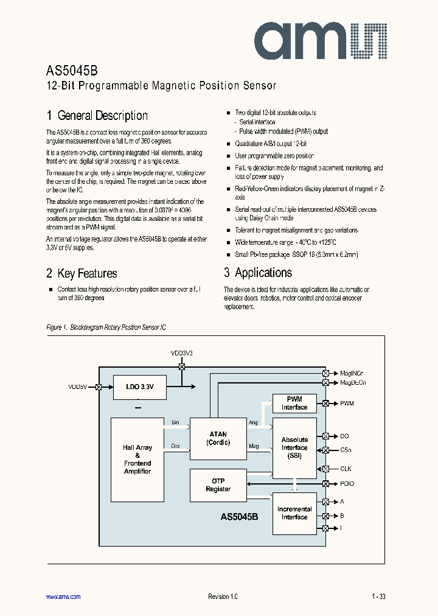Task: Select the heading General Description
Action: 97,116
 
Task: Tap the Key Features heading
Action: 82,273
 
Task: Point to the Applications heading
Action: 258,273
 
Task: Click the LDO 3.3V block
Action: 139,387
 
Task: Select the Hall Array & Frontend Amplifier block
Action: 137,459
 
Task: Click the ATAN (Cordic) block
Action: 218,438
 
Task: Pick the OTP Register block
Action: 218,485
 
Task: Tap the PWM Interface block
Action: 294,404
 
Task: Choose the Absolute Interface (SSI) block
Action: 294,447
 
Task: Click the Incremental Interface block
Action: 294,513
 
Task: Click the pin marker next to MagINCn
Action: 325,373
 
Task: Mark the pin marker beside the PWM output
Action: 325,404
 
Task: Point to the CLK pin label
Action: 346,469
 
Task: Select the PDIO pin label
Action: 347,484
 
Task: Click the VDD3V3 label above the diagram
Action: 181,353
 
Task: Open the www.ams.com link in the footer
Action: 63,597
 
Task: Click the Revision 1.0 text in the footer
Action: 219,597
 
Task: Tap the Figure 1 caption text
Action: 106,327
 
